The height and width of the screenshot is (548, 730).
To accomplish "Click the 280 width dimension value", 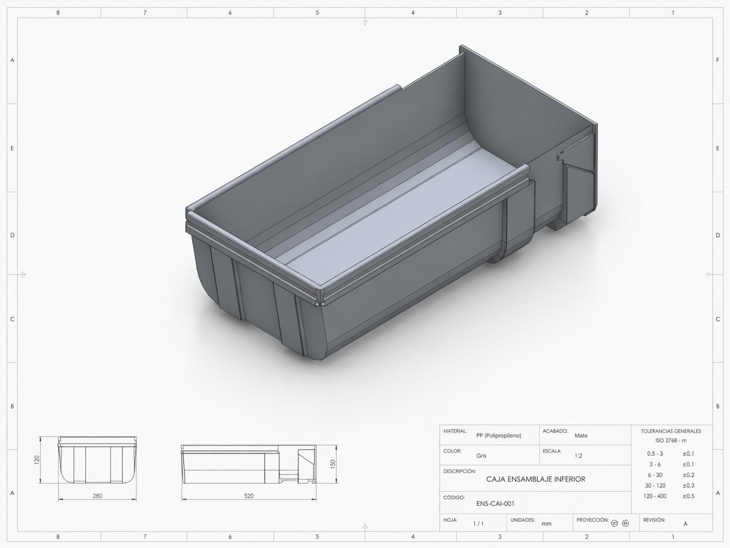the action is tap(97, 496).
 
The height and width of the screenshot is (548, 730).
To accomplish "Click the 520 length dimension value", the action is tap(249, 496).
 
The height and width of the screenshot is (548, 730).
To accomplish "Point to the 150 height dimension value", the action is tap(333, 464).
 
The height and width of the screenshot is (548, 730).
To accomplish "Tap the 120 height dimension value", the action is tap(37, 460).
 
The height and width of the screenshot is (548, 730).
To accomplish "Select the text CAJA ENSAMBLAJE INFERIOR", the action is tap(535, 479).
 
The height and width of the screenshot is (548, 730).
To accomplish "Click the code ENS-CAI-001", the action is tap(495, 504).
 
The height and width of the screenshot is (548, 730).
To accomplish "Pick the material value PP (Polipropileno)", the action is tap(499, 435).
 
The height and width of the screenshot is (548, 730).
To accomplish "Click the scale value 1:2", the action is tap(578, 456).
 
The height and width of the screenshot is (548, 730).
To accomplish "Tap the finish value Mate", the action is tap(581, 435).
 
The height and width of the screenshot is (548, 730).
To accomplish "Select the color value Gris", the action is tap(481, 456).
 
